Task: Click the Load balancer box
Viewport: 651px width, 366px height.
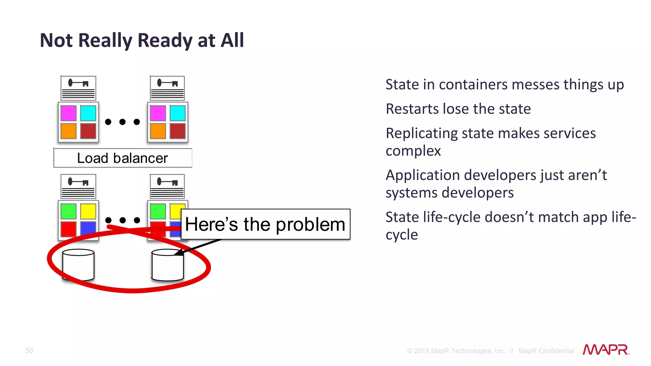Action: point(123,158)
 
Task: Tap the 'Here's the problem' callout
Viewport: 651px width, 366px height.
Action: point(265,224)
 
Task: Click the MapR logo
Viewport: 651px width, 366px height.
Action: point(606,350)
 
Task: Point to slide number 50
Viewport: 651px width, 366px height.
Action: point(29,351)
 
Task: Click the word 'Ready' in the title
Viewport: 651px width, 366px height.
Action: point(165,41)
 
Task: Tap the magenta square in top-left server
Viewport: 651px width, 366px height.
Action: point(68,113)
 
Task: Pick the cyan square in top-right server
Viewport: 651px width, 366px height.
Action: point(177,113)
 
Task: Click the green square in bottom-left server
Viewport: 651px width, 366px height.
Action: point(68,211)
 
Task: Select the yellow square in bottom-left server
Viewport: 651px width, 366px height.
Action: point(88,211)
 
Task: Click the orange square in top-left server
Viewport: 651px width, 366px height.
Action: point(68,131)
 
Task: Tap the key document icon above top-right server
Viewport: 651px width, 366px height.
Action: point(168,88)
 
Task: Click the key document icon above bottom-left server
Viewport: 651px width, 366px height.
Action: point(78,186)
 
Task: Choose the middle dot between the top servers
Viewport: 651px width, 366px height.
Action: point(122,122)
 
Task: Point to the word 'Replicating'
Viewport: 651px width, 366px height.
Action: point(421,133)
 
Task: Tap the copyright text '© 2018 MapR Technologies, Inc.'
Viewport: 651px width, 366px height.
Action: point(456,351)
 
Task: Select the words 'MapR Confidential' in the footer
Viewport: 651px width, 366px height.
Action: point(546,351)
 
